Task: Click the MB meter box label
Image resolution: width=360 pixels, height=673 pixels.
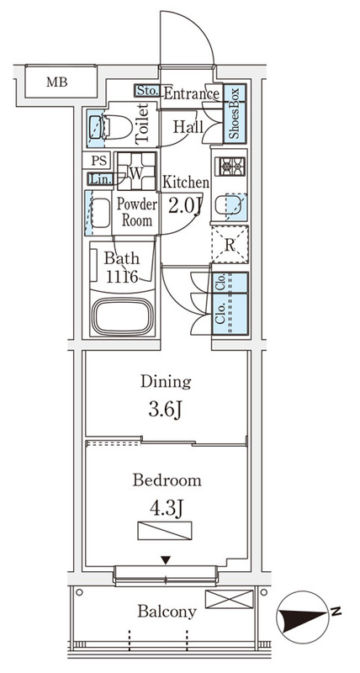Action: point(57,82)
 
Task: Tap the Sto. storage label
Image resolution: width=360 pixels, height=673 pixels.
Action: point(147,91)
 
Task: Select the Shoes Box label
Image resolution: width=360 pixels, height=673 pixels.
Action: point(235,114)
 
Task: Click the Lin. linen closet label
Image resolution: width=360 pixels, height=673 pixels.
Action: point(100,179)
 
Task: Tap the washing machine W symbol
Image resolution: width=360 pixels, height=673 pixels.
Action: point(136,172)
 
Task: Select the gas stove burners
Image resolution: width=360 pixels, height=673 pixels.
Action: point(232,167)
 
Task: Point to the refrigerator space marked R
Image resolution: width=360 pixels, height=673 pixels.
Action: point(230,246)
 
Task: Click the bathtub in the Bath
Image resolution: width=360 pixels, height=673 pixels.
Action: point(123,317)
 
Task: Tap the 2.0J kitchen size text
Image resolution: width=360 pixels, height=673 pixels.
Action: point(185,206)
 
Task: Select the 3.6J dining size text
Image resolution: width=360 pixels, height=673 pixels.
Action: point(166,410)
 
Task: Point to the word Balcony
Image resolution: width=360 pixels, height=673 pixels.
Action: point(167,612)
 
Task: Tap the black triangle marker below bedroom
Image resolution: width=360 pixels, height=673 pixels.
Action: point(166,559)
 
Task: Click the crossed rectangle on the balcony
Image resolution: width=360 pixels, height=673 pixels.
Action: point(229,599)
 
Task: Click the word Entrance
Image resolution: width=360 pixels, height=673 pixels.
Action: point(192,93)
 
